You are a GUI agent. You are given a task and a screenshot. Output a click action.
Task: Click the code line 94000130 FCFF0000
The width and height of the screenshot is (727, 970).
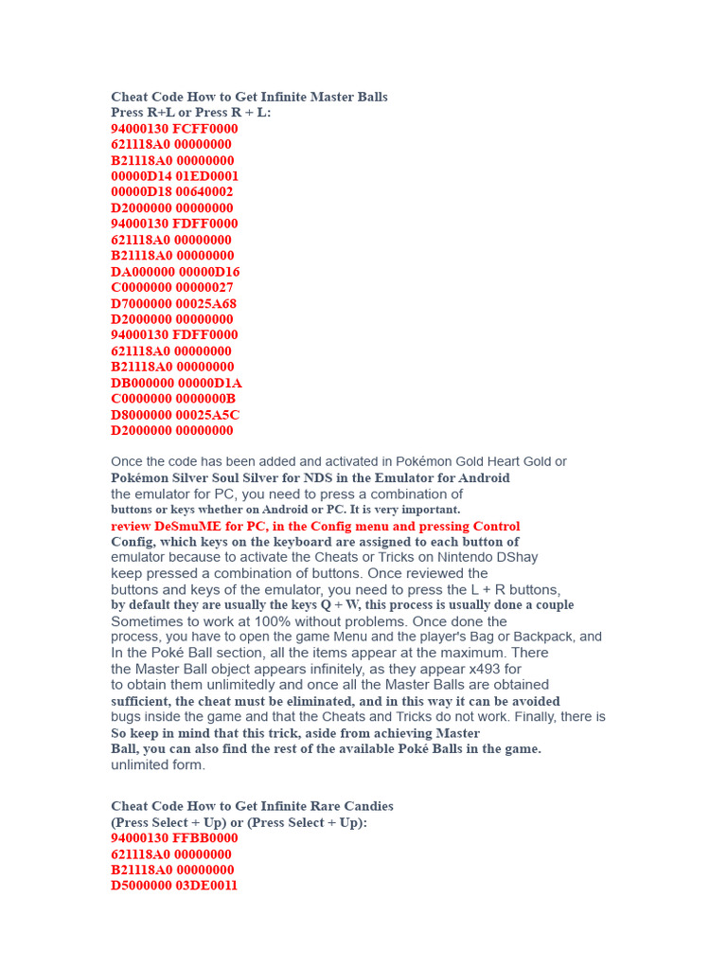pyautogui.click(x=174, y=129)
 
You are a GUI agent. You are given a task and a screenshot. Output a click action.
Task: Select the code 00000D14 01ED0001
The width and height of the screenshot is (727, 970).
pyautogui.click(x=174, y=176)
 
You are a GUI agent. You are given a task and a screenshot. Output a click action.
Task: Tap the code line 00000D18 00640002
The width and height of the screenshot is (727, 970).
pyautogui.click(x=172, y=192)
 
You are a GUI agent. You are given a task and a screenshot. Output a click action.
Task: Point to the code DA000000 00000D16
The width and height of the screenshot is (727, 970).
pyautogui.click(x=175, y=272)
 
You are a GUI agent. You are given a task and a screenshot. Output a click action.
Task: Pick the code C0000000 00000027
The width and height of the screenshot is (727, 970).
pyautogui.click(x=172, y=288)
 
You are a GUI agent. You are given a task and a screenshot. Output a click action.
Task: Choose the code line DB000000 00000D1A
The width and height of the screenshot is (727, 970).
pyautogui.click(x=176, y=384)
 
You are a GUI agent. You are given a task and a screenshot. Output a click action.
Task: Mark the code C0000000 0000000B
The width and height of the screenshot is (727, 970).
pyautogui.click(x=173, y=399)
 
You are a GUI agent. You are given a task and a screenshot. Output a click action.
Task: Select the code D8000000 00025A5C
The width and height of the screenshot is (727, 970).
pyautogui.click(x=175, y=415)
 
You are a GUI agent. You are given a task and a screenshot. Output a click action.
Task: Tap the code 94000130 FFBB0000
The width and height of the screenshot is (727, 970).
pyautogui.click(x=174, y=838)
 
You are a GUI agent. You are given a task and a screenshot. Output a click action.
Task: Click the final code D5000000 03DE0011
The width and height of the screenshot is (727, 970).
pyautogui.click(x=174, y=886)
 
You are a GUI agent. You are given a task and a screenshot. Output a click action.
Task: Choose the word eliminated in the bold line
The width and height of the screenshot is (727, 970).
pyautogui.click(x=300, y=702)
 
